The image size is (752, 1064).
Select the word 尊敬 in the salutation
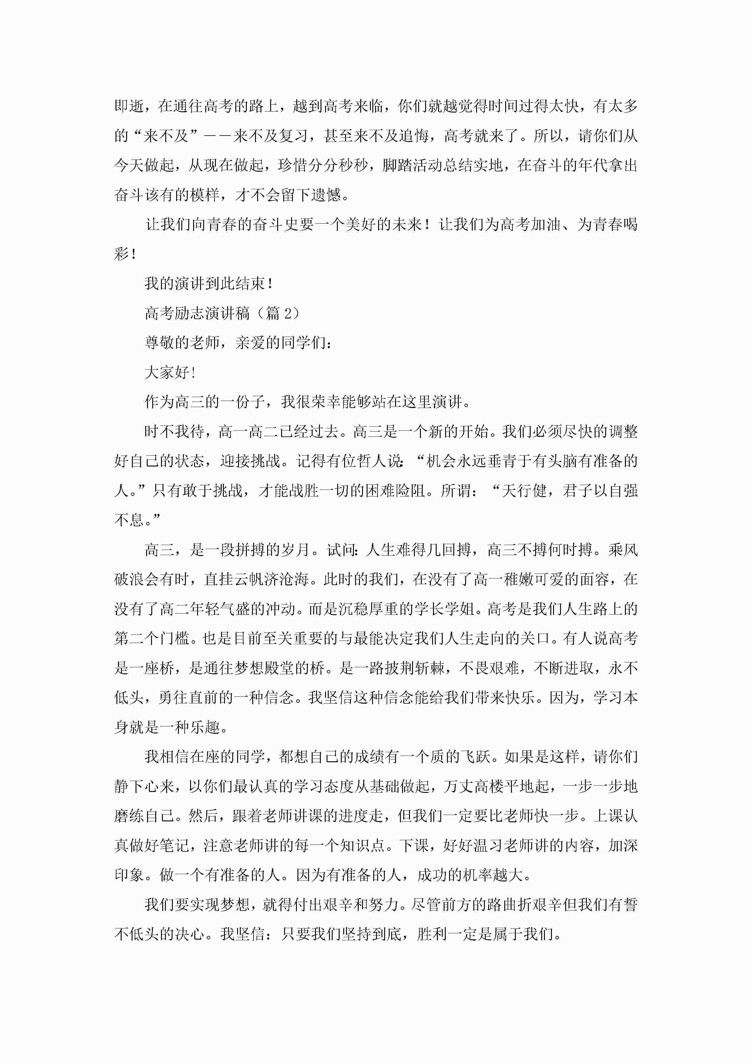click(159, 343)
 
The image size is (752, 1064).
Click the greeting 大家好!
click(170, 372)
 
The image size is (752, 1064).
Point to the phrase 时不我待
click(174, 432)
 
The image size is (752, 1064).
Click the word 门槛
click(174, 638)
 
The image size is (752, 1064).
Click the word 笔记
click(174, 846)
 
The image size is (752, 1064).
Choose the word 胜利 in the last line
click(432, 934)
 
